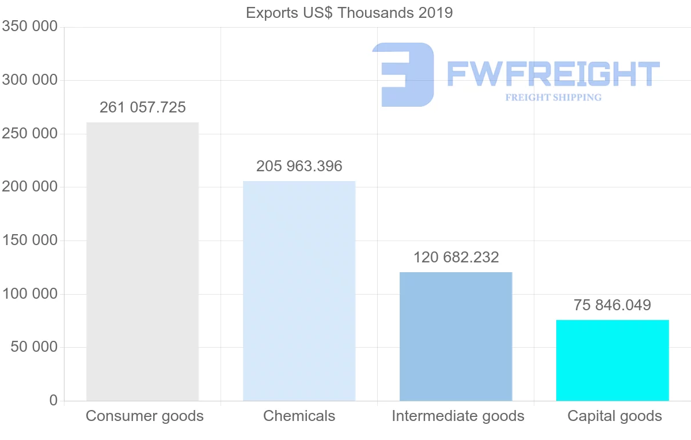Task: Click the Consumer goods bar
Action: tap(142, 261)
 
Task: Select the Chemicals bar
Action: tap(299, 291)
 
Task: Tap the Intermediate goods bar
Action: tap(455, 336)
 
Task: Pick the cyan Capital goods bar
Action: tap(612, 360)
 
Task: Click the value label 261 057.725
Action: tap(143, 108)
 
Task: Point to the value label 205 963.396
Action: tap(299, 167)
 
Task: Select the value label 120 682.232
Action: tap(456, 257)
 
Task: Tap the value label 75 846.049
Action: tap(612, 305)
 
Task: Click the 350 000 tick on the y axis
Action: tap(29, 27)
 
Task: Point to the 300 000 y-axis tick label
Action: tap(29, 80)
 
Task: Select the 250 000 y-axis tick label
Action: tap(29, 134)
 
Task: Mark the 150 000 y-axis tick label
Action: tap(29, 240)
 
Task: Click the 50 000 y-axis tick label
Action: tap(34, 347)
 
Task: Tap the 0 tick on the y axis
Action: tap(54, 400)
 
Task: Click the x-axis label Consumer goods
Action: tap(145, 416)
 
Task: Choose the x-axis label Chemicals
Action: tap(299, 416)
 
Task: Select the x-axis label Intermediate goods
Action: tap(458, 416)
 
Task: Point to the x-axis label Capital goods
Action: tap(614, 416)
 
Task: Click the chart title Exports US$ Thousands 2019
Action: tap(349, 13)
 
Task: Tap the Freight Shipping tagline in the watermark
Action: tap(553, 97)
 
